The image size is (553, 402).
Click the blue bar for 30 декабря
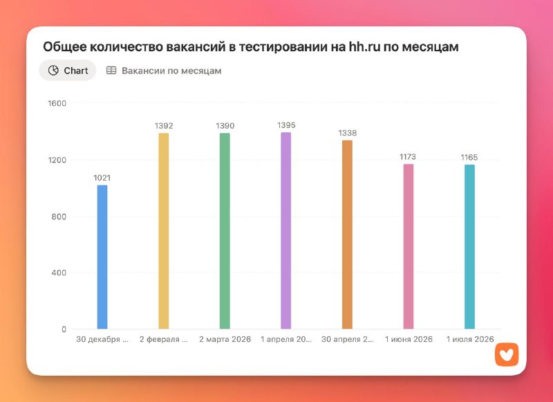(x=102, y=257)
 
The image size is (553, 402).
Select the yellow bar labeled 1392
(x=164, y=231)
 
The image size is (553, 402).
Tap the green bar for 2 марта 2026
(x=225, y=231)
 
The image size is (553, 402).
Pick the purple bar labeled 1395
(x=286, y=230)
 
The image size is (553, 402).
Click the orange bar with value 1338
(x=348, y=235)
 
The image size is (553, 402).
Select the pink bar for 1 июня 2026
(x=409, y=246)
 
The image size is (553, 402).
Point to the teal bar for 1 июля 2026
(x=469, y=247)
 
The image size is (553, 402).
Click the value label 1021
(x=102, y=178)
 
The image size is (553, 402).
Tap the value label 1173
(x=408, y=156)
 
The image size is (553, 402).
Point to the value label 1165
(x=469, y=158)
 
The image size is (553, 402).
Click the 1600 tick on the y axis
(x=57, y=103)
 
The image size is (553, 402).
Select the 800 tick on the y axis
(x=59, y=217)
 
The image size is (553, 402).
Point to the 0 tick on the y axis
(x=64, y=329)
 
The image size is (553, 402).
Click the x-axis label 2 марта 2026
(x=225, y=340)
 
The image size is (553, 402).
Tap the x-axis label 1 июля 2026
(x=470, y=340)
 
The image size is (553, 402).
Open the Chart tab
(x=68, y=71)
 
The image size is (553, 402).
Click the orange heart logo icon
(x=507, y=355)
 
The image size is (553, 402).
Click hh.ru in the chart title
(x=365, y=46)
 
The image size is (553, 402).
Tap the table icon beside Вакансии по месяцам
(x=111, y=71)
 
